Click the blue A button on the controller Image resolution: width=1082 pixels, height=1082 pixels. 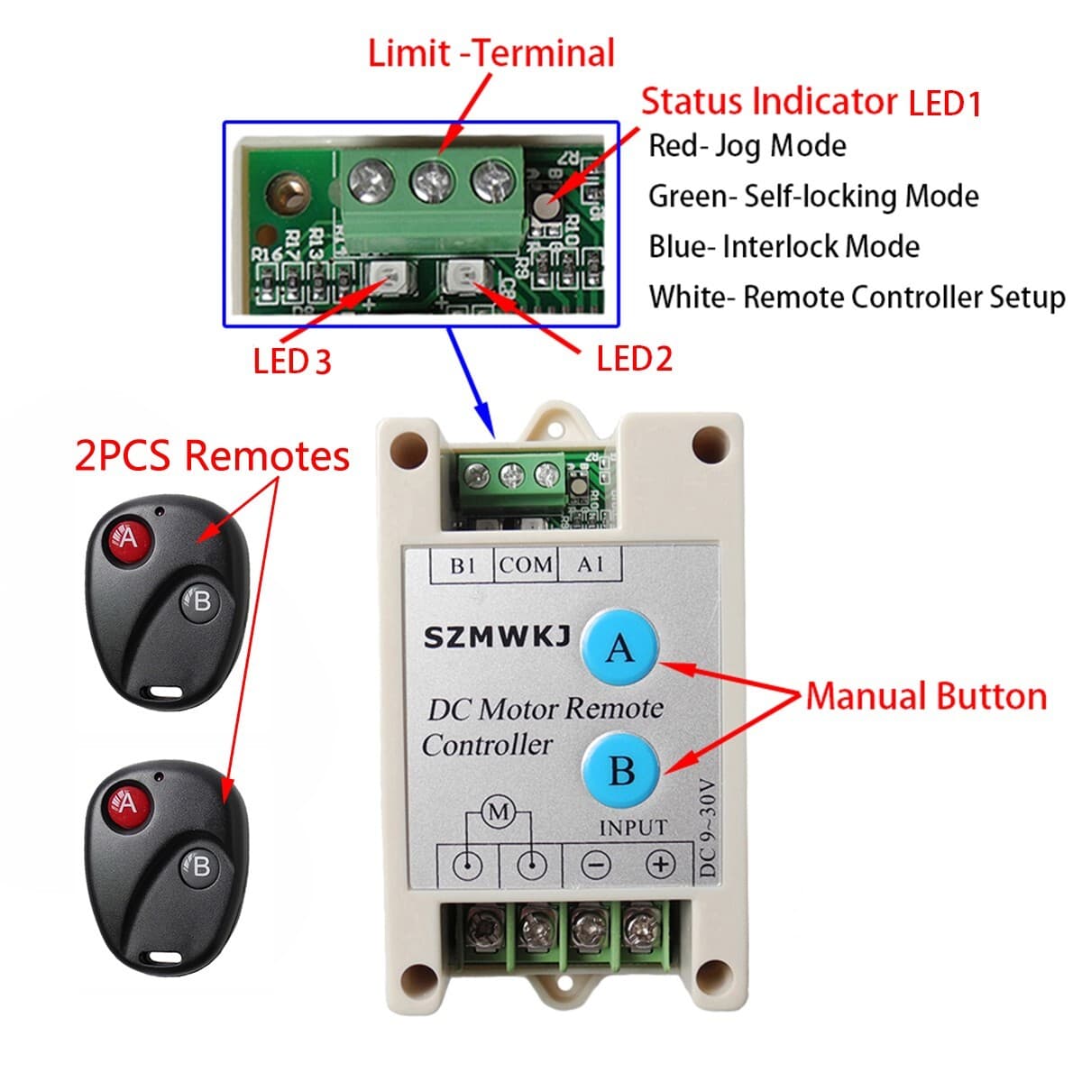(619, 647)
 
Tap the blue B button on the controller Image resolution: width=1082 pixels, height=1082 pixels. (621, 771)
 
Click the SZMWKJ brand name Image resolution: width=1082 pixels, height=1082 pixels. (497, 638)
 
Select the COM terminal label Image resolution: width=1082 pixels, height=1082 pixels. (526, 565)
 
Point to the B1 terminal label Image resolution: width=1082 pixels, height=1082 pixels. (463, 565)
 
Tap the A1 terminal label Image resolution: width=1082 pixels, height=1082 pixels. (590, 565)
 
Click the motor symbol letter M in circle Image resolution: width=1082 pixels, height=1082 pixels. (499, 812)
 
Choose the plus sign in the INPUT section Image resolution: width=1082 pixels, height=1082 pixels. (661, 865)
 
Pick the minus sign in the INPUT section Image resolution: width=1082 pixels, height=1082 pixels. (596, 866)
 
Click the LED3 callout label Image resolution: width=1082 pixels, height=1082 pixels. (292, 362)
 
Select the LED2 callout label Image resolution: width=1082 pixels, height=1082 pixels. (634, 359)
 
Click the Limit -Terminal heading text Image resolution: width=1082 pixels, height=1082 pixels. (491, 53)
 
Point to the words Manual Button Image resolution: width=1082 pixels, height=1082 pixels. (926, 697)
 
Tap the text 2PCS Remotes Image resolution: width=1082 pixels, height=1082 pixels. (212, 455)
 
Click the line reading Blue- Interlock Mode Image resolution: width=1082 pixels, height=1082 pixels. (784, 247)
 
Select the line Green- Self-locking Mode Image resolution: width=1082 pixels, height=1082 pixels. (813, 197)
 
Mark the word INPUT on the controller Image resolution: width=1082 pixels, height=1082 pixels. (633, 827)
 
